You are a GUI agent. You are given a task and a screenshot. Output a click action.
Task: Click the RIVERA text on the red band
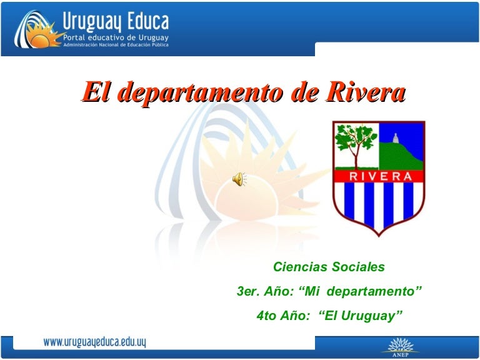(x=379, y=176)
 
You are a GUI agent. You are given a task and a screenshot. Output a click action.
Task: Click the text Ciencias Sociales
(x=329, y=267)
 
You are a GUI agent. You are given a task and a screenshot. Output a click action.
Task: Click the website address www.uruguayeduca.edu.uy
(x=94, y=342)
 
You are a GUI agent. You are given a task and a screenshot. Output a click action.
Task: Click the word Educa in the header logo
(x=146, y=22)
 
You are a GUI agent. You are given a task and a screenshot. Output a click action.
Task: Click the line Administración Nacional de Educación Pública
(x=114, y=47)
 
